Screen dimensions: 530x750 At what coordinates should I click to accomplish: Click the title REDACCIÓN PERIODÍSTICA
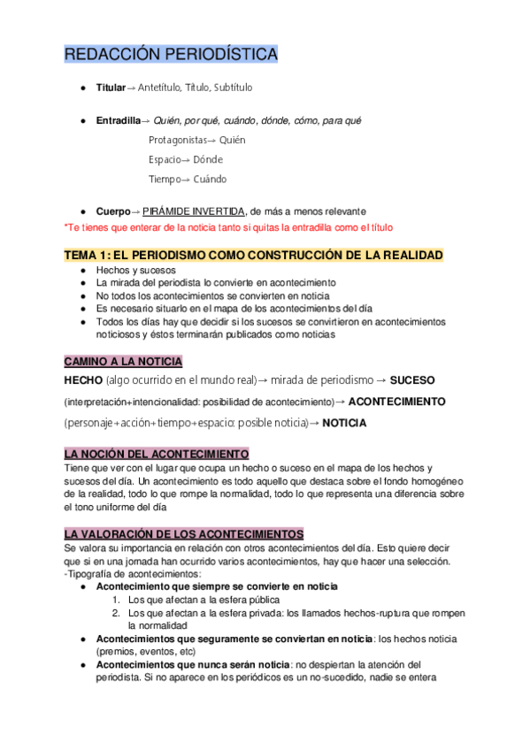(171, 55)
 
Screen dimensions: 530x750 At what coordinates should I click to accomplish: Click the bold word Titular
(111, 88)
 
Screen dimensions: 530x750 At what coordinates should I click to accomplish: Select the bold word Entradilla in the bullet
(118, 120)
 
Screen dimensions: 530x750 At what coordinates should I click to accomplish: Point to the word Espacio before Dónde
(164, 159)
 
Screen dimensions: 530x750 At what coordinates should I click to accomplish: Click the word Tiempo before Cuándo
(165, 179)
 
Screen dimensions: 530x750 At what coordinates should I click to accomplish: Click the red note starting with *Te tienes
(228, 227)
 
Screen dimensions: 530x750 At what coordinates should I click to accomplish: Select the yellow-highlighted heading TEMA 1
(253, 255)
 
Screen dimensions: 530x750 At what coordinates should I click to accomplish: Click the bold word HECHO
(83, 379)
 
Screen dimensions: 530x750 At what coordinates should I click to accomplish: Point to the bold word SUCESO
(412, 379)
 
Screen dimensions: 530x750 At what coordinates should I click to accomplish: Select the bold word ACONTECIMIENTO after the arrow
(397, 402)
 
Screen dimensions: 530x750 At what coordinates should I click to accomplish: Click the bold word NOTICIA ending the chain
(344, 423)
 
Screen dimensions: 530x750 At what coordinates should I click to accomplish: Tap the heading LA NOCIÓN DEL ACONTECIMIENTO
(157, 453)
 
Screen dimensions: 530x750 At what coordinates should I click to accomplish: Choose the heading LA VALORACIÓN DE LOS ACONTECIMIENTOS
(184, 534)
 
